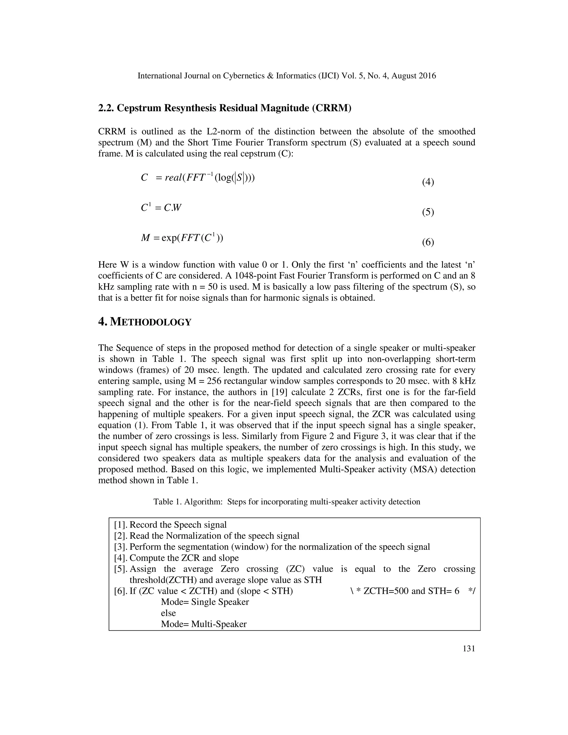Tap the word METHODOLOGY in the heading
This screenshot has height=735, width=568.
[151, 322]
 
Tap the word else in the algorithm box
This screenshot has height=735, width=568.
[168, 613]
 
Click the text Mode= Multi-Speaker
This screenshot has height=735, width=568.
[204, 624]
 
